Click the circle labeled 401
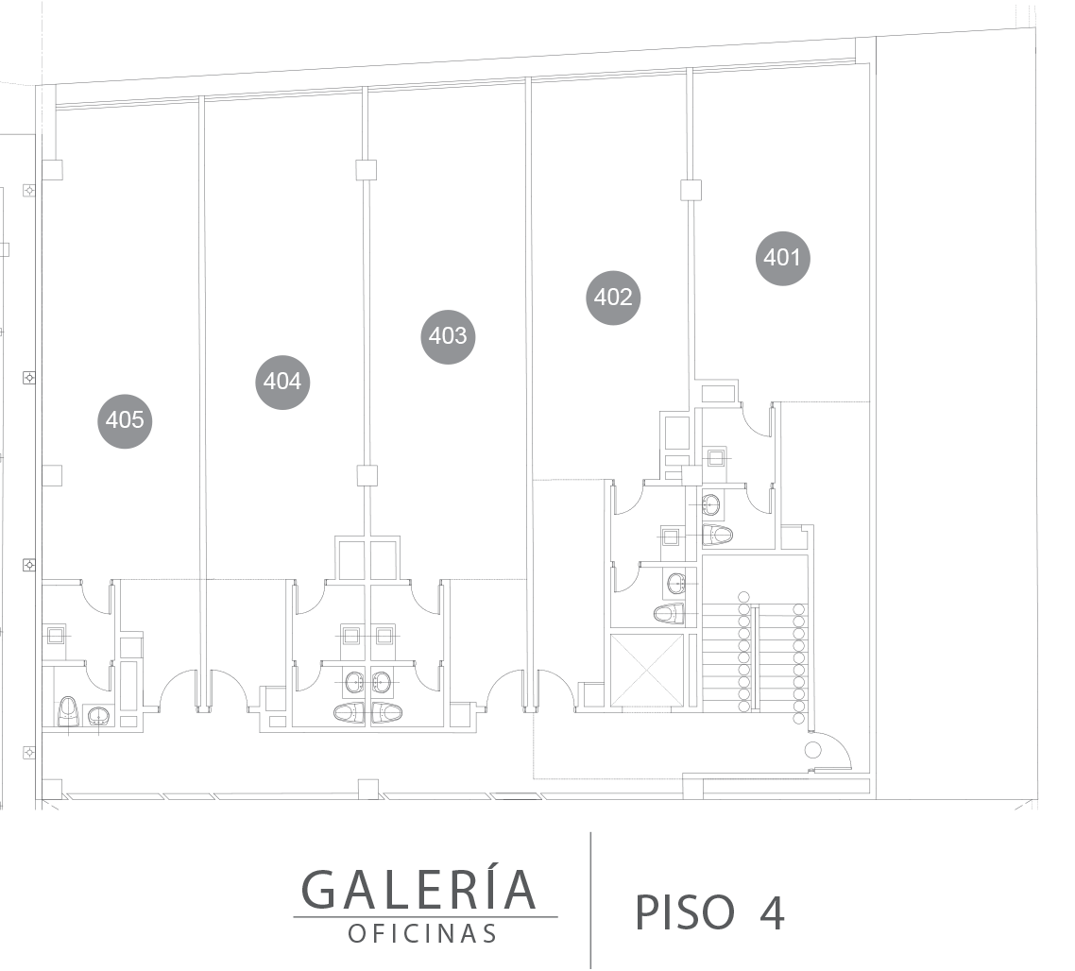782,258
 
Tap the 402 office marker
613,297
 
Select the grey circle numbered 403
448,336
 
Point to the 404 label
282,382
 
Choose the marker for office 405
125,419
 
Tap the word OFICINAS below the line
422,934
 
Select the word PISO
684,912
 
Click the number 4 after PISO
772,912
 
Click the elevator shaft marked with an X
647,671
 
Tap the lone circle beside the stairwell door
813,750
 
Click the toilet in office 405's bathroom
68,711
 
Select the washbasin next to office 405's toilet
100,716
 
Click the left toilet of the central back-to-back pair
350,713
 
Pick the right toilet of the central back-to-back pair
387,713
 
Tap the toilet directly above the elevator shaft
669,613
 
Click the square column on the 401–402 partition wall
691,190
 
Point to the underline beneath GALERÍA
426,917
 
